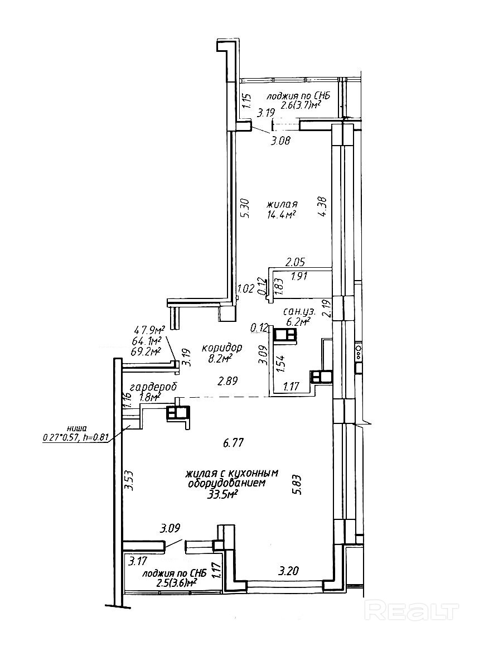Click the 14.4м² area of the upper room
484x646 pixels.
click(x=281, y=214)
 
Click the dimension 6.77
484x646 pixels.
click(x=234, y=443)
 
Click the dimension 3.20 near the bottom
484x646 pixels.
click(x=290, y=571)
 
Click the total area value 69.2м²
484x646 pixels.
click(x=146, y=351)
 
